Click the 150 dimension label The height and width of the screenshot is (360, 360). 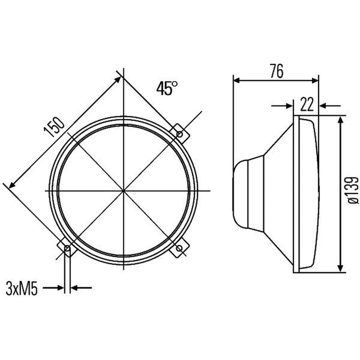[54, 127]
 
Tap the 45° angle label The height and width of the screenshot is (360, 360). [167, 88]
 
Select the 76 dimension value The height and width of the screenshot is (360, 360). [276, 71]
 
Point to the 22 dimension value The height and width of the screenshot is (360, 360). [307, 105]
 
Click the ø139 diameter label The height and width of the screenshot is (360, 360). [352, 190]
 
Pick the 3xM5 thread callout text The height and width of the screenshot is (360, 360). [22, 289]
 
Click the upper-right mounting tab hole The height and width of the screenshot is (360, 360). [180, 134]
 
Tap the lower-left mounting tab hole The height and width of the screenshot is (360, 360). [67, 248]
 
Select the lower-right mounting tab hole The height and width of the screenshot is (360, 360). [180, 248]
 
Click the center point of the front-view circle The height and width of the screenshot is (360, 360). [123, 190]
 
